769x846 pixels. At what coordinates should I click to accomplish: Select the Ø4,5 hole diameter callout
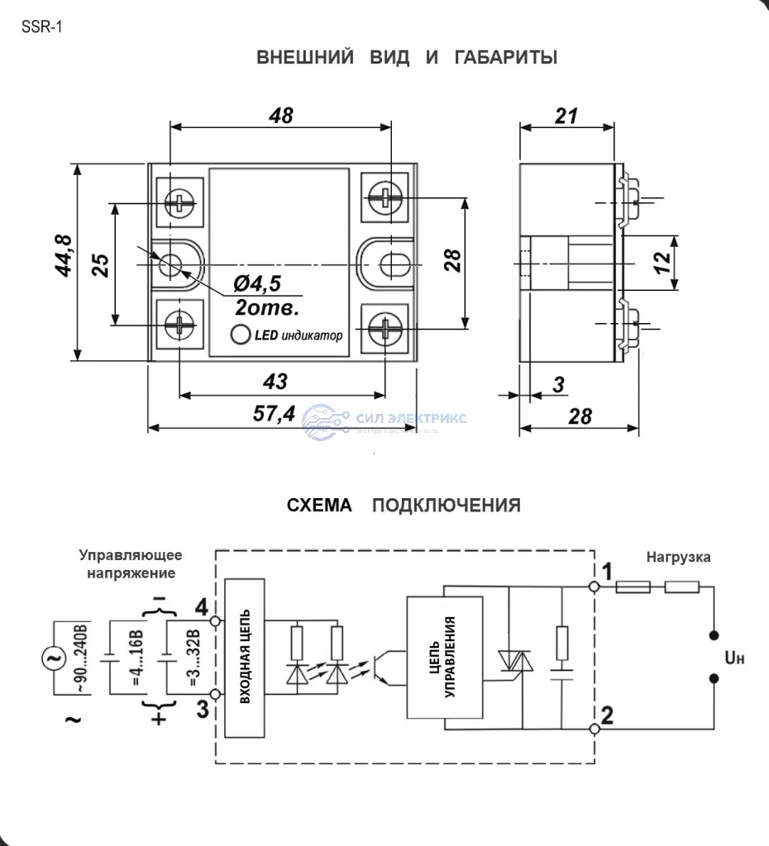point(257,285)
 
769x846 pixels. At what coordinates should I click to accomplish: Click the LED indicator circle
point(241,335)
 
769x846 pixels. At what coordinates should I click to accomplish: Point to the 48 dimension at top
point(281,116)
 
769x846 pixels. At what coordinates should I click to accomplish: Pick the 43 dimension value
point(275,382)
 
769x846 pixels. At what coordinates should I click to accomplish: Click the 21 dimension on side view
point(566,116)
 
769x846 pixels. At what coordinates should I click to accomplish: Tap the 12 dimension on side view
point(662,263)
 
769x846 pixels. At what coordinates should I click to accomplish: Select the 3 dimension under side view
point(559,384)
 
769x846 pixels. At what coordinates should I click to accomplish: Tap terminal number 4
point(201,608)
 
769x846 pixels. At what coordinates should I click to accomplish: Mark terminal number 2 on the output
point(608,715)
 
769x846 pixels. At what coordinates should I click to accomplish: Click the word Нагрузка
point(678,558)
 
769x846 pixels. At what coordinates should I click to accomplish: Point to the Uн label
point(734,658)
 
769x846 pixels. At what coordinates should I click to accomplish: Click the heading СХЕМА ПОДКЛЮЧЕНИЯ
point(404,506)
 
